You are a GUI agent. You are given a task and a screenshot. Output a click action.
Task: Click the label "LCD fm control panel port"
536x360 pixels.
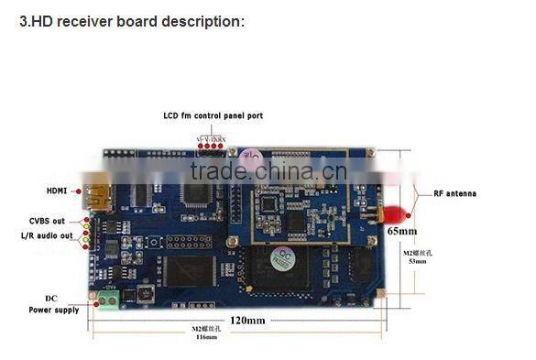(x=212, y=115)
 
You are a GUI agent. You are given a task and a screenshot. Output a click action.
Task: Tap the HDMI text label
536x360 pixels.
(x=58, y=191)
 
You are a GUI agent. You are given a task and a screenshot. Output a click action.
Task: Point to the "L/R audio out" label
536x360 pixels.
(x=47, y=236)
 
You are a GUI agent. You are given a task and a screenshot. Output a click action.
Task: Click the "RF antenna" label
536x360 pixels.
(x=448, y=193)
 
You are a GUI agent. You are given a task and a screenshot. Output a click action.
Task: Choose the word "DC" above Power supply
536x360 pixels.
(x=51, y=299)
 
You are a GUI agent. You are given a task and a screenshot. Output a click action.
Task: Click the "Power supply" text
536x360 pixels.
(x=52, y=311)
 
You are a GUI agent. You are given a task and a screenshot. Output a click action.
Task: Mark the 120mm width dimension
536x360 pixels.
(x=247, y=320)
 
